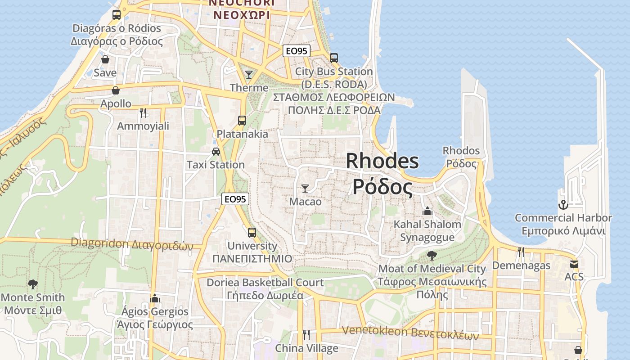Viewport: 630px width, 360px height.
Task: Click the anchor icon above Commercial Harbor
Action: pos(563,205)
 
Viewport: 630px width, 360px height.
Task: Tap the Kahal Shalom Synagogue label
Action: pos(427,230)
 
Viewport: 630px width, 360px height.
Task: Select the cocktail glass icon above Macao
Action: pos(305,188)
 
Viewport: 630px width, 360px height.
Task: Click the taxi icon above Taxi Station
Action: pos(216,152)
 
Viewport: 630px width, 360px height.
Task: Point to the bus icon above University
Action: pos(252,233)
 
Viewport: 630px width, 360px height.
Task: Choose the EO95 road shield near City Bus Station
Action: pos(297,51)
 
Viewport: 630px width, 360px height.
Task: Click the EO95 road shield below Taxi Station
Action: pos(235,199)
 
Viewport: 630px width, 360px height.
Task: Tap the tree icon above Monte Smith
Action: pos(32,284)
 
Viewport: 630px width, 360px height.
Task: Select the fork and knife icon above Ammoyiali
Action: pos(143,112)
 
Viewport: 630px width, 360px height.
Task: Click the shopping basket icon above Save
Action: pos(105,59)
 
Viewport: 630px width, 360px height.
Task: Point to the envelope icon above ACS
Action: pos(574,264)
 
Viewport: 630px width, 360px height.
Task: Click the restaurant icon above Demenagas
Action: pos(521,252)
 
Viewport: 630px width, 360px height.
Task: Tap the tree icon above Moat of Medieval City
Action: pos(432,256)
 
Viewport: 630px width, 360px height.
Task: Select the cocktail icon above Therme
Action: pos(248,74)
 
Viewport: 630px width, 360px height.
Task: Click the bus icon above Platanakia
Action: pos(242,121)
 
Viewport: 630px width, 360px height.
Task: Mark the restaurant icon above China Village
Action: pos(306,334)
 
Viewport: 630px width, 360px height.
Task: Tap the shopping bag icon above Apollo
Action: pos(116,90)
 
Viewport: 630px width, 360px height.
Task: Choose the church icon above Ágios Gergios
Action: pos(155,298)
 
